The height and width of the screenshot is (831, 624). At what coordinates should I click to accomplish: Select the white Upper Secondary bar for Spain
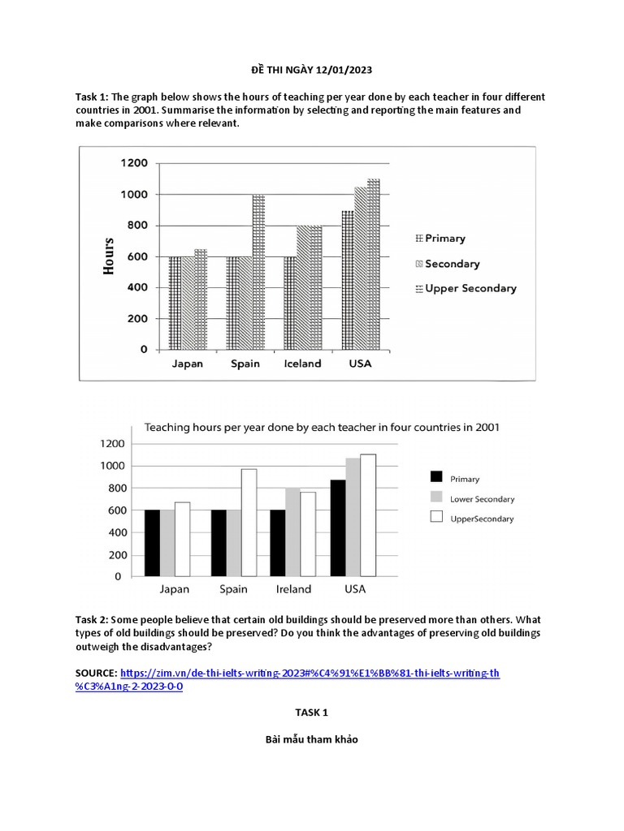(247, 523)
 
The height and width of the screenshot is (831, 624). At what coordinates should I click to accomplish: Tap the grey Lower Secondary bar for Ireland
(292, 532)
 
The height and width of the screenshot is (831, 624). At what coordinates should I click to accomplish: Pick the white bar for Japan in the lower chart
(181, 539)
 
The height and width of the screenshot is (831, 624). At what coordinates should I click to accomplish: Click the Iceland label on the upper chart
(302, 364)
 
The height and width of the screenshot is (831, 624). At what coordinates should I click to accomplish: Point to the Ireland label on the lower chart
(292, 589)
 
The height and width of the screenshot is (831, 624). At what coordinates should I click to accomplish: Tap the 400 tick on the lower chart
(113, 532)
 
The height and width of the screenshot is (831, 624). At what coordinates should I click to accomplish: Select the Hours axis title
(109, 256)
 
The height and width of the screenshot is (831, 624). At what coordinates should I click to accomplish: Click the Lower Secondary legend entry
(482, 499)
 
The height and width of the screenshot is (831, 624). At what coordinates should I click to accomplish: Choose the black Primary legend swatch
(436, 479)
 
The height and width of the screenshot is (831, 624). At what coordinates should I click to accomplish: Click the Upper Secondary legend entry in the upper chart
(470, 288)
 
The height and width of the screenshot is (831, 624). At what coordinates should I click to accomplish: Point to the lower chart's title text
(322, 427)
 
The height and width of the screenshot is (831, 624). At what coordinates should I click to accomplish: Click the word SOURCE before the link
(96, 674)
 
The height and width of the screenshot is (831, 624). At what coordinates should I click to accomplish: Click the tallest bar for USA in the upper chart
(374, 264)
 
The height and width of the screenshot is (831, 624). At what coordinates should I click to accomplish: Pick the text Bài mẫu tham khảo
(311, 739)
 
